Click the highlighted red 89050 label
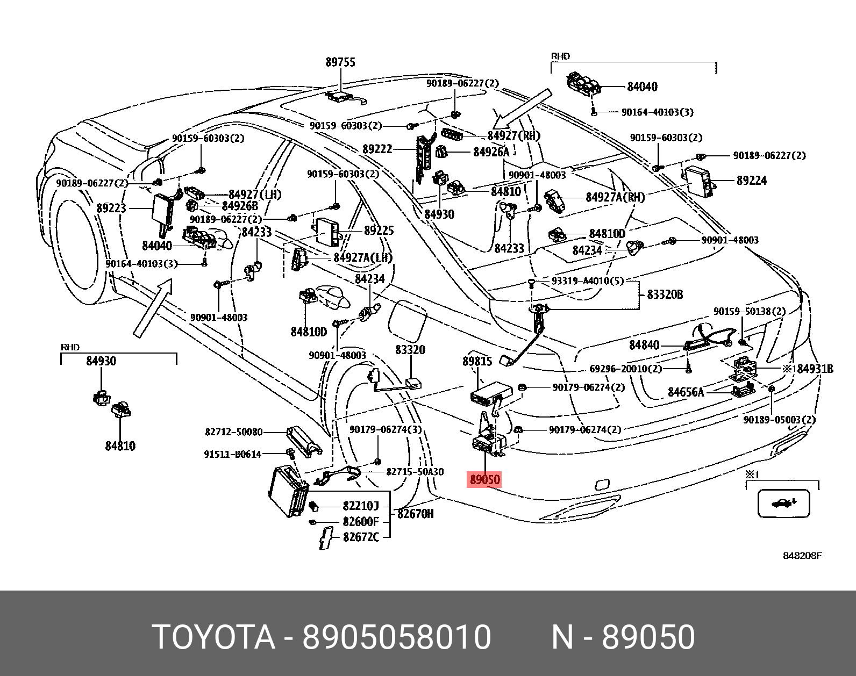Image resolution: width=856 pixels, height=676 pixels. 484,479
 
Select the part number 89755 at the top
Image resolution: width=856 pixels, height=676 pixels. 340,62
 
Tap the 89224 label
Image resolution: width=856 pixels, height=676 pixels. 752,181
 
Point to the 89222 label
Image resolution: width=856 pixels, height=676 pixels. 377,149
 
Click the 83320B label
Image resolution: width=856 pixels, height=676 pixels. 665,294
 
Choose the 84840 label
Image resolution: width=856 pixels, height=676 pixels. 644,344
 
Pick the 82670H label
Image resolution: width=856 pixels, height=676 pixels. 415,514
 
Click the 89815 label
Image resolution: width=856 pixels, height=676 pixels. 477,361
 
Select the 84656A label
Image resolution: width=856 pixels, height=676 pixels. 686,392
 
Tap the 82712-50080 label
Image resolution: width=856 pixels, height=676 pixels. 234,432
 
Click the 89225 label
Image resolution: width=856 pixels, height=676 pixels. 379,231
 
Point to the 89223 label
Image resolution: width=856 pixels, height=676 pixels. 111,208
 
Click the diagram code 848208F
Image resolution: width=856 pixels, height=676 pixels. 802,556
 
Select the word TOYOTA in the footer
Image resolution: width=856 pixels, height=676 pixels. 213,637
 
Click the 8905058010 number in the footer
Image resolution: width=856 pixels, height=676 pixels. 397,637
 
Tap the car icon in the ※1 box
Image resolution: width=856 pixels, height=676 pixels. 783,504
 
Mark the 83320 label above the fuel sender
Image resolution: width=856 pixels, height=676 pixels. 410,350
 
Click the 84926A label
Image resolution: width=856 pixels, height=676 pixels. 491,152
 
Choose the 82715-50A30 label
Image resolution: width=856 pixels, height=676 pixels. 415,472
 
